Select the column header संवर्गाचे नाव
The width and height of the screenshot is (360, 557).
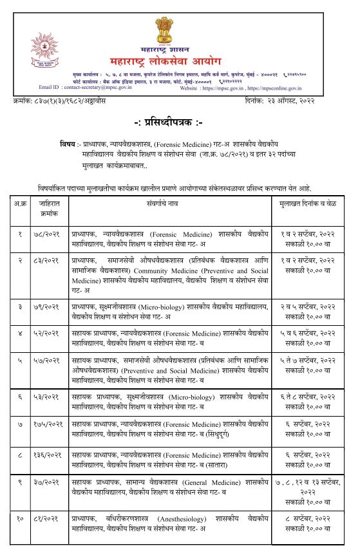[169, 205]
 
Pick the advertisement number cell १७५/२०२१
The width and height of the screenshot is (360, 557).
[46, 425]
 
